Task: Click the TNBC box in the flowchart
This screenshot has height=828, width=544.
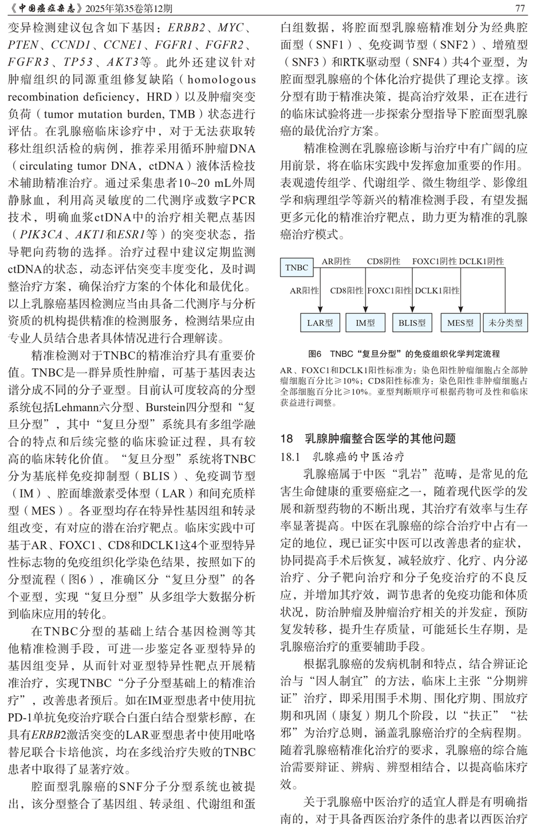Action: (x=297, y=267)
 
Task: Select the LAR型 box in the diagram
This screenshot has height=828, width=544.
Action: (x=320, y=323)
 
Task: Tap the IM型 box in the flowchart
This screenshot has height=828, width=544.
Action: (x=365, y=323)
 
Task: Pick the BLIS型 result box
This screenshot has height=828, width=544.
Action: (x=412, y=323)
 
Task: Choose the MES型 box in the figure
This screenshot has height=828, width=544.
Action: (x=460, y=323)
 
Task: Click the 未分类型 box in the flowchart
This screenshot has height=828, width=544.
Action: (x=505, y=323)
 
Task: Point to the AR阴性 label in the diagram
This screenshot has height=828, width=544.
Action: (x=336, y=261)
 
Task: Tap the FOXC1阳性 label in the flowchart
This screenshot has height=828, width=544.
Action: (x=389, y=290)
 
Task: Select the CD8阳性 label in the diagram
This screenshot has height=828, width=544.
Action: (x=346, y=290)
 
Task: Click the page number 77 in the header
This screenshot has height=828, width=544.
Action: (x=520, y=9)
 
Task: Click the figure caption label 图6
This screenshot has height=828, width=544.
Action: (x=316, y=354)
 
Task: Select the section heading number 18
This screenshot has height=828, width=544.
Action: (x=286, y=439)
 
